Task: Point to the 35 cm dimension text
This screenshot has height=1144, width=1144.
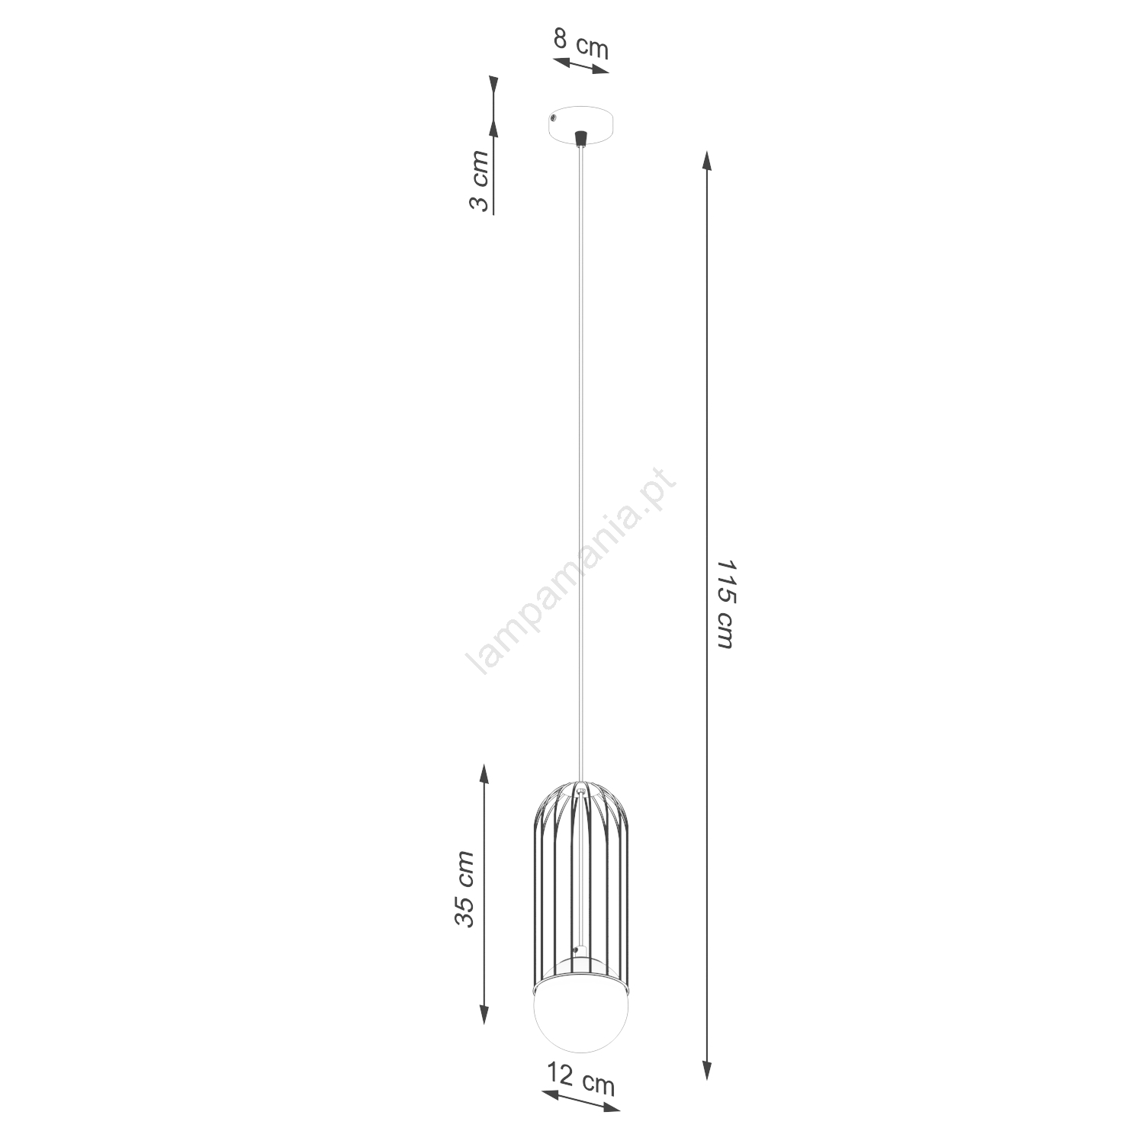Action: click(x=464, y=889)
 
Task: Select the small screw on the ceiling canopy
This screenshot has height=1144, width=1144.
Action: click(x=553, y=118)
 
